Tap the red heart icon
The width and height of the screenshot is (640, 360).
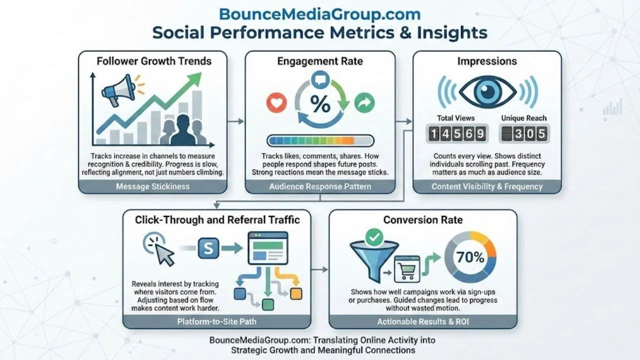(x=275, y=103)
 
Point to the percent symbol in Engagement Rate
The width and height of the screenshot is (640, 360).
(x=320, y=104)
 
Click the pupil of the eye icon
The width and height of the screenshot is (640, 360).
(x=487, y=91)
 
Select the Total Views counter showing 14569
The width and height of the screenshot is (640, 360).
(x=456, y=134)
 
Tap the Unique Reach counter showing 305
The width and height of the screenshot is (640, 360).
(x=523, y=134)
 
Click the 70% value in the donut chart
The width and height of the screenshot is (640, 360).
(x=470, y=257)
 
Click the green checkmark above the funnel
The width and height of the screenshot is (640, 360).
(x=373, y=237)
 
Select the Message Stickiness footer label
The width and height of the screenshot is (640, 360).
(x=152, y=186)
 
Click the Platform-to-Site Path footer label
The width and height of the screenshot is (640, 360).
(x=216, y=321)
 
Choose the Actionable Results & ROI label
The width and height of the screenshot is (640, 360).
(x=422, y=321)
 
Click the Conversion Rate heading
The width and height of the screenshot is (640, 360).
(x=423, y=219)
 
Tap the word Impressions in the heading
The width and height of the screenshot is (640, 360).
(x=487, y=61)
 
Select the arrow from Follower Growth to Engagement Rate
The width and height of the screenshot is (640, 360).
(x=236, y=121)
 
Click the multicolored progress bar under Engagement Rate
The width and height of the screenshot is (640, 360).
(x=320, y=140)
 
